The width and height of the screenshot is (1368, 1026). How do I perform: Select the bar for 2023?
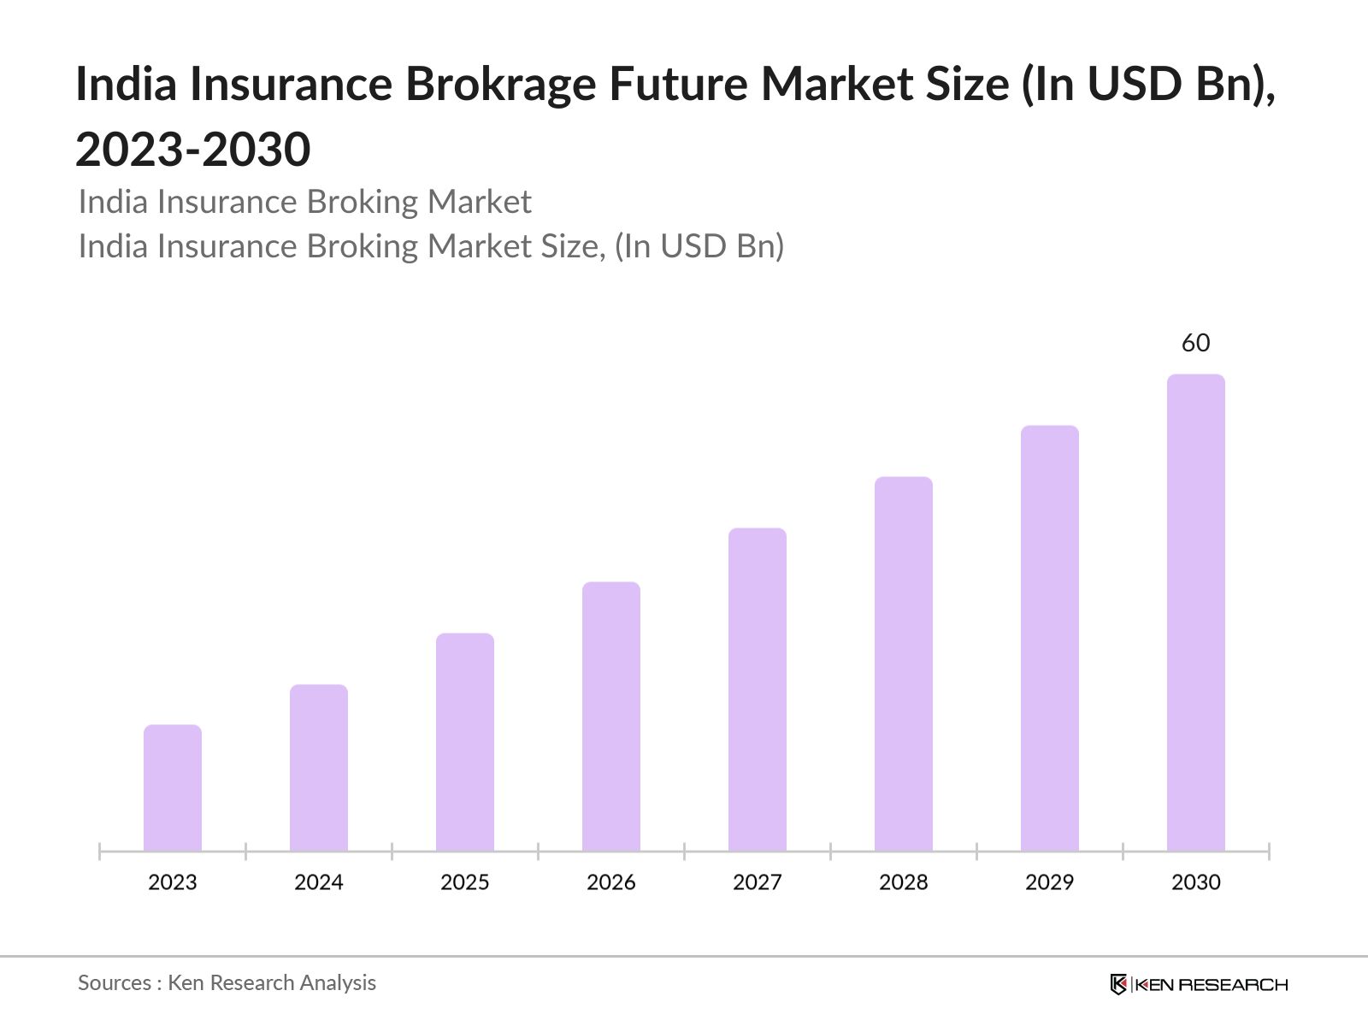[x=173, y=787]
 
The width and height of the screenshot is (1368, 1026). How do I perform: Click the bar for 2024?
[x=319, y=767]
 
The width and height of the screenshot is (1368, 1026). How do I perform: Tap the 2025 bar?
[x=465, y=741]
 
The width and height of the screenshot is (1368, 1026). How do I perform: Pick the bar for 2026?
[x=611, y=716]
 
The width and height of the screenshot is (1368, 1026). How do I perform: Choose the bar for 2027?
[x=758, y=689]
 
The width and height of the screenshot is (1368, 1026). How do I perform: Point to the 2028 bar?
[x=904, y=663]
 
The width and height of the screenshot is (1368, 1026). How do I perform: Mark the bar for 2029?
[x=1050, y=638]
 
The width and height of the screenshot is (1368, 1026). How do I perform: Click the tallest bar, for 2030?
[x=1196, y=612]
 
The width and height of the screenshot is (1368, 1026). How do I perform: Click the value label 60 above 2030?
[x=1196, y=343]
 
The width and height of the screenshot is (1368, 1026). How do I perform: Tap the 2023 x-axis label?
[x=173, y=882]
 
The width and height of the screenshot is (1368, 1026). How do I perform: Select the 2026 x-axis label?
[x=611, y=882]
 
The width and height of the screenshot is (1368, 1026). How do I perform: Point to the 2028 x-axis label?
[x=904, y=882]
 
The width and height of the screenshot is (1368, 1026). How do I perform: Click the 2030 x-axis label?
[x=1196, y=882]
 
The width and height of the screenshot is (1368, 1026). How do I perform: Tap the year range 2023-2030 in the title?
[x=193, y=150]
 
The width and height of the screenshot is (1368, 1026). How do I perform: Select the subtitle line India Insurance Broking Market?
[x=304, y=202]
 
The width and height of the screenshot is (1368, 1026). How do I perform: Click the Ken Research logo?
[x=1199, y=984]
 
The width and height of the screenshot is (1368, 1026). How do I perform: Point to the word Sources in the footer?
[x=115, y=983]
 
